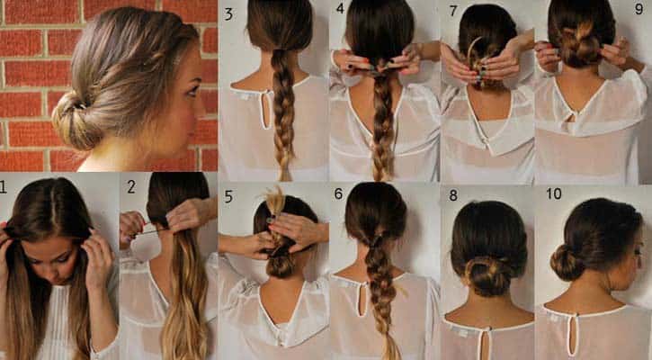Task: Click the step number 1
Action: [x=4, y=187]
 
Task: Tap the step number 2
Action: [x=131, y=187]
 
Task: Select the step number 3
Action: [x=228, y=13]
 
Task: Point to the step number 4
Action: [x=340, y=10]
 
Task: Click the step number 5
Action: [x=228, y=196]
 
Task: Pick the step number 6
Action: [x=339, y=193]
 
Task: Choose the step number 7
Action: [x=451, y=10]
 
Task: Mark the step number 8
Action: [x=451, y=194]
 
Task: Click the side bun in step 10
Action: [x=567, y=261]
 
